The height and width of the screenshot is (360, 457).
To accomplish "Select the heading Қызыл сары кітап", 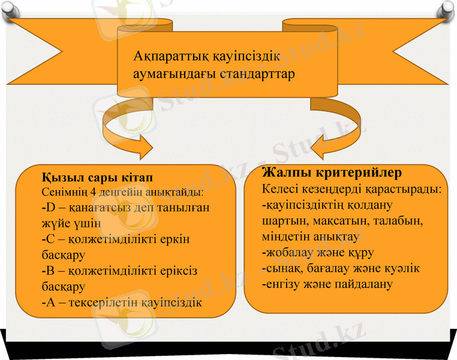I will tap(97, 179).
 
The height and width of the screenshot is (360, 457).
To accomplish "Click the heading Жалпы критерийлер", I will tap(332, 173).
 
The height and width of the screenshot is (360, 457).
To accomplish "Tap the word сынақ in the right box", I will tap(282, 268).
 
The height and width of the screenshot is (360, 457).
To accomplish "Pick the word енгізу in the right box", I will tap(284, 284).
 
